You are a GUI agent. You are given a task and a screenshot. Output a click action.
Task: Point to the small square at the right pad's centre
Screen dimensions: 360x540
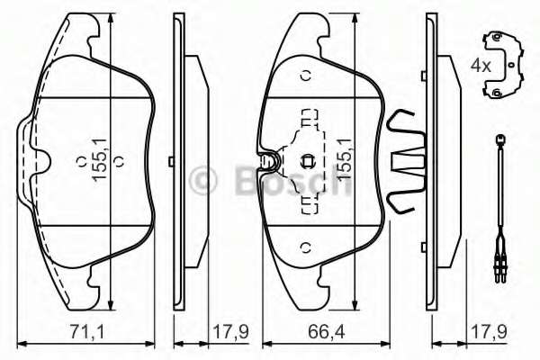[306, 163]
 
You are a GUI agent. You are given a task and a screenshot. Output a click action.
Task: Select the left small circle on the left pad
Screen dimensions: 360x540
[78, 163]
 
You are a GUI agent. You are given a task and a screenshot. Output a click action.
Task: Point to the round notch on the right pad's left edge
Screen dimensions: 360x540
[266, 162]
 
